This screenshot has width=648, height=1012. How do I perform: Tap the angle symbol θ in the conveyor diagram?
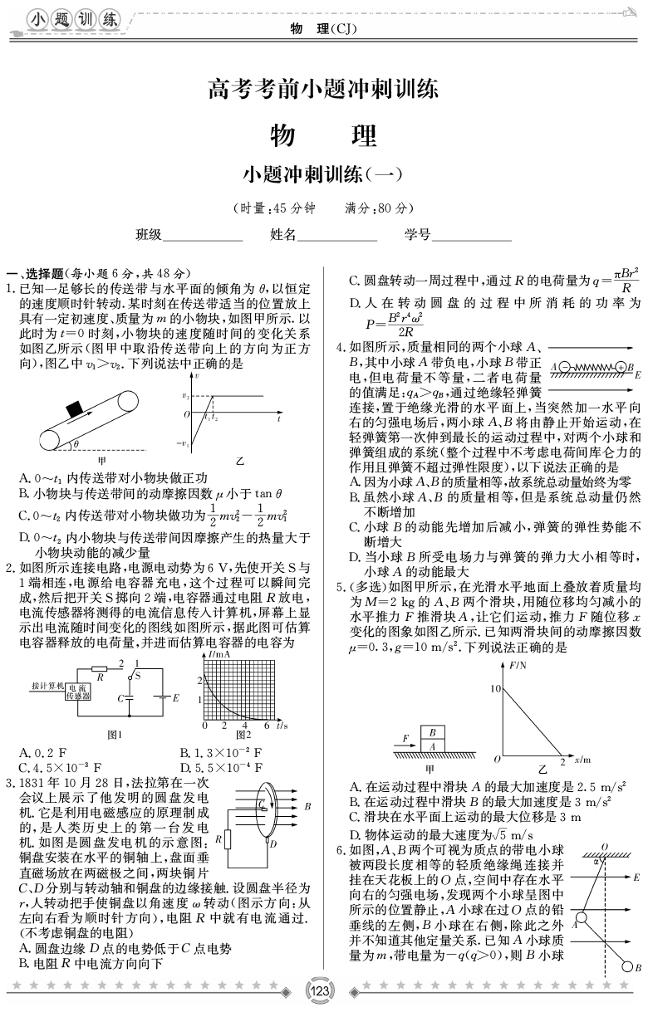coord(76,444)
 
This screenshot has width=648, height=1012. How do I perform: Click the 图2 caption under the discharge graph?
coord(243,736)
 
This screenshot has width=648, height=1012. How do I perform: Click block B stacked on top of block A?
coord(432,732)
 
